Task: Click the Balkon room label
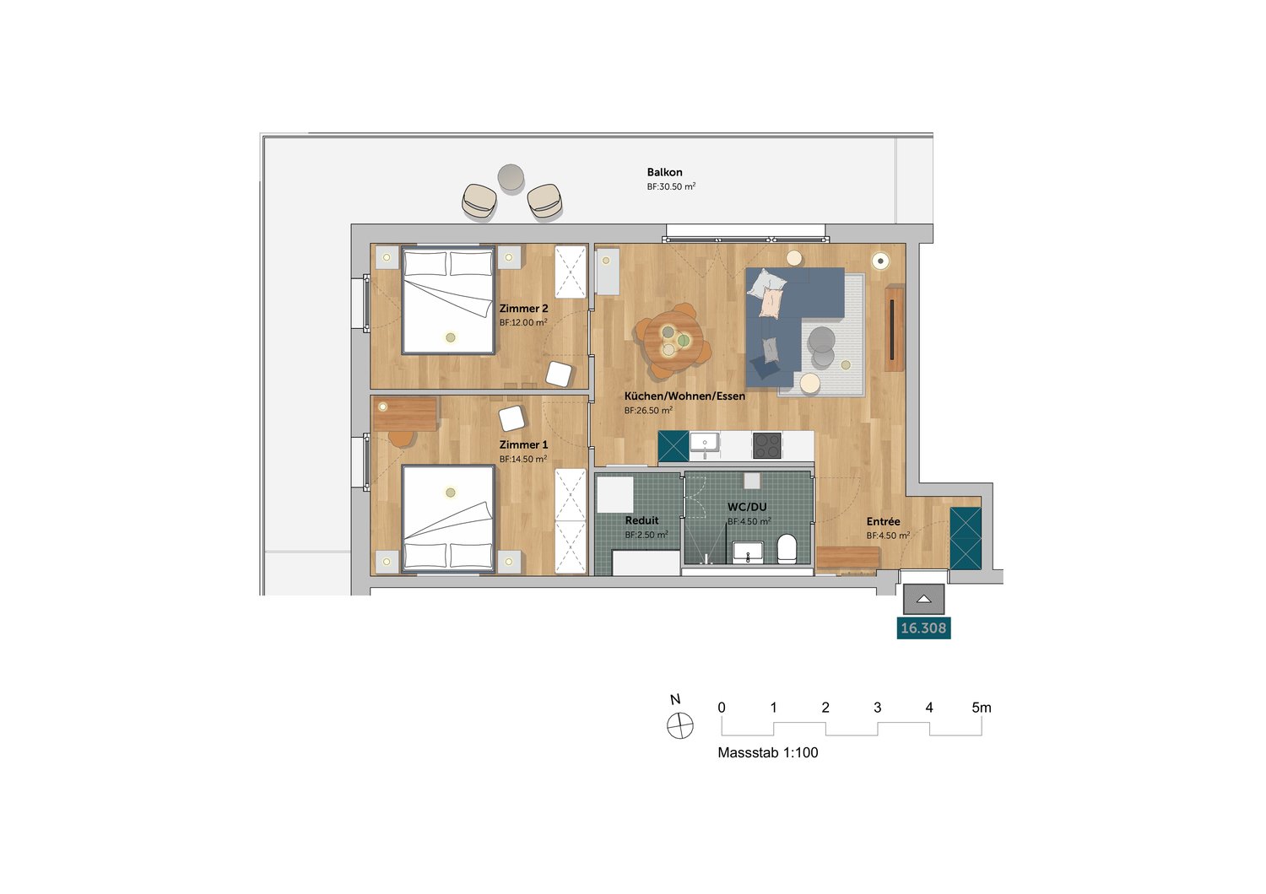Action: click(x=664, y=172)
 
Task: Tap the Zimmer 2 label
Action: click(x=523, y=309)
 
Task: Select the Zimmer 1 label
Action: click(x=523, y=445)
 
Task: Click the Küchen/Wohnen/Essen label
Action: click(x=684, y=396)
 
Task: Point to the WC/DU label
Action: click(x=747, y=507)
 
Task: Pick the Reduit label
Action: click(x=641, y=520)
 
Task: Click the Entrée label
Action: click(x=883, y=522)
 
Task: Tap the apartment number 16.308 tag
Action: click(x=923, y=628)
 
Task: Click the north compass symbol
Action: click(x=680, y=725)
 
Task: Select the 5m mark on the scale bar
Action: click(x=981, y=708)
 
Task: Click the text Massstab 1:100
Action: click(x=767, y=753)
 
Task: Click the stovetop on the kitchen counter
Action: click(x=767, y=445)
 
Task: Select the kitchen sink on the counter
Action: click(x=703, y=444)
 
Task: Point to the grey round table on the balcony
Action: click(x=511, y=178)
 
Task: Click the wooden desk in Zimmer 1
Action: click(x=404, y=413)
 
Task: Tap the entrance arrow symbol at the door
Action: click(x=923, y=599)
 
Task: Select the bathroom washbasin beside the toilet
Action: click(x=748, y=552)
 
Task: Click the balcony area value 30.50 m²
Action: click(x=671, y=186)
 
